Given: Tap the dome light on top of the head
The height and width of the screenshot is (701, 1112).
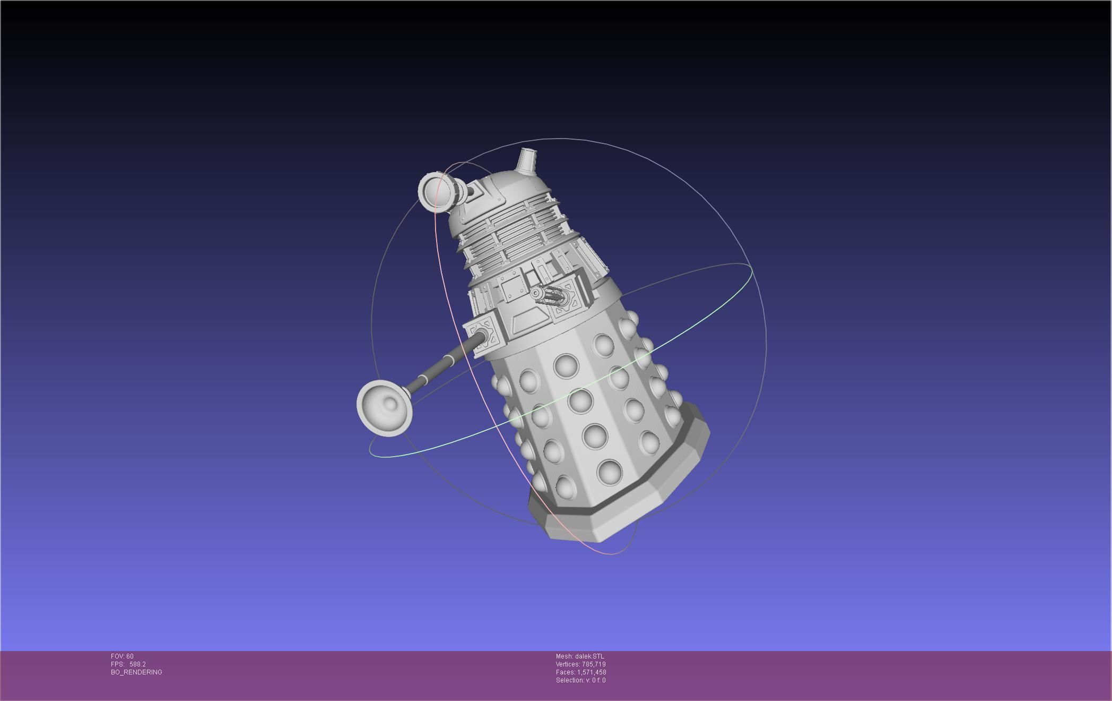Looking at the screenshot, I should [526, 161].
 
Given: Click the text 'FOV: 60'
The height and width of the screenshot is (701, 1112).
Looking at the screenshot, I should [122, 656].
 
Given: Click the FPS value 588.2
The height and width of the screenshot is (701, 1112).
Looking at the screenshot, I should [137, 664].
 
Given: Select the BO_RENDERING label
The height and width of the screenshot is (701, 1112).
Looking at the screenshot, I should [136, 672].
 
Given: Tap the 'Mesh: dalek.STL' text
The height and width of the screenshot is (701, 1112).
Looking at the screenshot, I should [580, 656].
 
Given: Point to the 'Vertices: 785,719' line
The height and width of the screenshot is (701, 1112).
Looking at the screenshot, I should [580, 664].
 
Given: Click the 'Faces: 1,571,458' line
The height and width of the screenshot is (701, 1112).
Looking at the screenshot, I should [580, 672].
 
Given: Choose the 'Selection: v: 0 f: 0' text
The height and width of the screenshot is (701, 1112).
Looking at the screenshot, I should [580, 680].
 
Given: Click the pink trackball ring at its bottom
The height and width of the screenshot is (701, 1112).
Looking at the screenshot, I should [610, 554].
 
